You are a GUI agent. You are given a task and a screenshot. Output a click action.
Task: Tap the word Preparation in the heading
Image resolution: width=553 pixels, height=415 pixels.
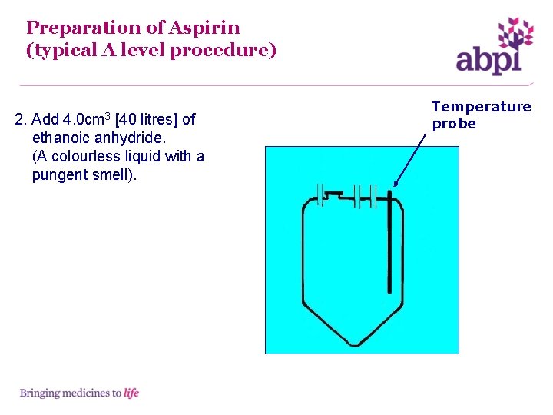(84, 28)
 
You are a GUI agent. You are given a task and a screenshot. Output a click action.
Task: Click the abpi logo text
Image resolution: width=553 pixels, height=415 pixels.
(488, 59)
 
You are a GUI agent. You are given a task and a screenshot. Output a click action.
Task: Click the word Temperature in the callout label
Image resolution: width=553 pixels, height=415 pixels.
(481, 107)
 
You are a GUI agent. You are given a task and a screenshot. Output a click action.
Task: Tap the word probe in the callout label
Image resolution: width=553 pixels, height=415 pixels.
(454, 124)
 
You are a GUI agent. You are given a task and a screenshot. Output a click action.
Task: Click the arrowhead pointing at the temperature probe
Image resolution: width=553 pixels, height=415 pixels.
(396, 184)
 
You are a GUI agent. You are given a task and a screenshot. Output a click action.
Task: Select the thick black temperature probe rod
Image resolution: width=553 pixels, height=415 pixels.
(390, 246)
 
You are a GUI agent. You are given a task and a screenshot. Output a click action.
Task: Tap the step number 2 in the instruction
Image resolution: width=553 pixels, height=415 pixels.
(20, 119)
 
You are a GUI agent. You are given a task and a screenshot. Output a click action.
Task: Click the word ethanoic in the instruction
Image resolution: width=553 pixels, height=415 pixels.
(61, 138)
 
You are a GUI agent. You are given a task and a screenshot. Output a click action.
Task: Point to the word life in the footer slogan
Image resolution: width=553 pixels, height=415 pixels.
(131, 393)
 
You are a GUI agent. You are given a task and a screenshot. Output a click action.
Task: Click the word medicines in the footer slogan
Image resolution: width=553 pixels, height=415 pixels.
(85, 393)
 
